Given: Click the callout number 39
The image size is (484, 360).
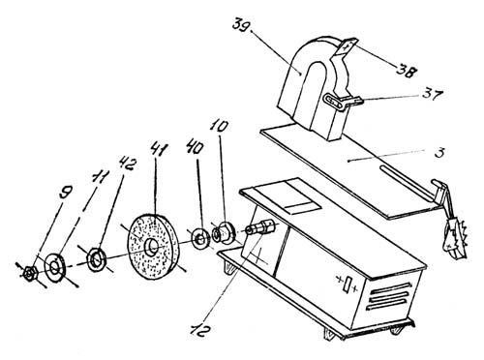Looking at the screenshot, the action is (x=240, y=25).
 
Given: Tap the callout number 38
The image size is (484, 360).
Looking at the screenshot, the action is (x=405, y=72).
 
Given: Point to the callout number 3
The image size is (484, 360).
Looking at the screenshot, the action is (x=439, y=152).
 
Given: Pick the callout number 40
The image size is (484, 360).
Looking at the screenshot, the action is (x=196, y=149).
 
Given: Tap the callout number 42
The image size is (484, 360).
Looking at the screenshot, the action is (x=128, y=165).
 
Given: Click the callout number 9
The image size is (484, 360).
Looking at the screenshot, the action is (x=66, y=195).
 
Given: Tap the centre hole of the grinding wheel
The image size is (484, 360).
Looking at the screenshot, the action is (x=152, y=247).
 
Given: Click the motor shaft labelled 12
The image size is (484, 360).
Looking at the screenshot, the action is (x=259, y=227).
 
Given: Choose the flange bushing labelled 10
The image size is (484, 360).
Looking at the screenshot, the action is (x=224, y=232).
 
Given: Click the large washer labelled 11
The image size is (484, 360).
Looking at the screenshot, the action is (x=55, y=267).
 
